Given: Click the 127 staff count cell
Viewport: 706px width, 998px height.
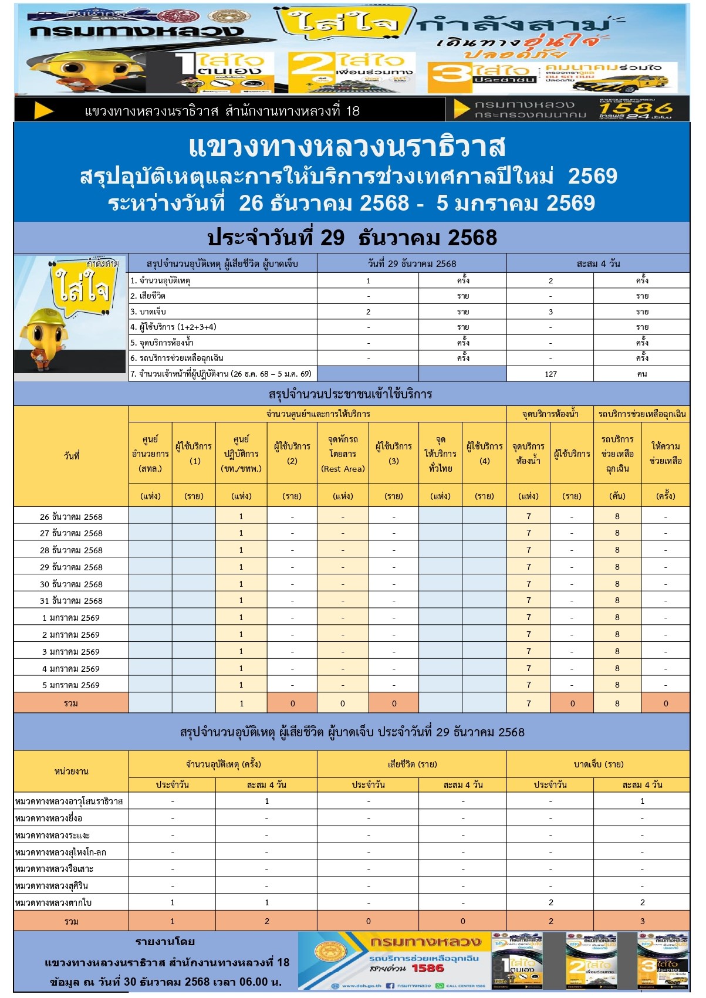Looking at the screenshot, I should coord(550,374).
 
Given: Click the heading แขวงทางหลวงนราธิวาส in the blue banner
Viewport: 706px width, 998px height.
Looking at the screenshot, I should coord(347,147).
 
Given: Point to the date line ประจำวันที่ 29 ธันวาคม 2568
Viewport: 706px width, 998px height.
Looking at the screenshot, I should coord(352,238).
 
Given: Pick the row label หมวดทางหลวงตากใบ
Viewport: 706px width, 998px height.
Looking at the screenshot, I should coord(54,903).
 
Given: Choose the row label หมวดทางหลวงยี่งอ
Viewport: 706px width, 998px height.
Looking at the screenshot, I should coord(49,818).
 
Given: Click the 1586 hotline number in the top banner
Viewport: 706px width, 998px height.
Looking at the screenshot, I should coord(636,109).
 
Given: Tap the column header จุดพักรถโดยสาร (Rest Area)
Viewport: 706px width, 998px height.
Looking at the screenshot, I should coord(343,454).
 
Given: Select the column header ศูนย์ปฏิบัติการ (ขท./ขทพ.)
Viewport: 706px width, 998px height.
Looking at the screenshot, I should coord(241,454).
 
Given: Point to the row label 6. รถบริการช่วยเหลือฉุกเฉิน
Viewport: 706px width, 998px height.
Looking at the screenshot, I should coord(177,358).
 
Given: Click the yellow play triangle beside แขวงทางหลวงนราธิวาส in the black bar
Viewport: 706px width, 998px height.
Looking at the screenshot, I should coord(44,110).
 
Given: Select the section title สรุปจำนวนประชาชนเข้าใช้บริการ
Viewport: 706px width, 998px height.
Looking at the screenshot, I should coord(350,394).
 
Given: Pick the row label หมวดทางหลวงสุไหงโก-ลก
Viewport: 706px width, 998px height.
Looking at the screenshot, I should coord(61,852).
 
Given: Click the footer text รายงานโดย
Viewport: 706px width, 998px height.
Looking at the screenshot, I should coord(165,942).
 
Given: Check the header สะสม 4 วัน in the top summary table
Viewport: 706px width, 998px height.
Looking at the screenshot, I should coord(598,264).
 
